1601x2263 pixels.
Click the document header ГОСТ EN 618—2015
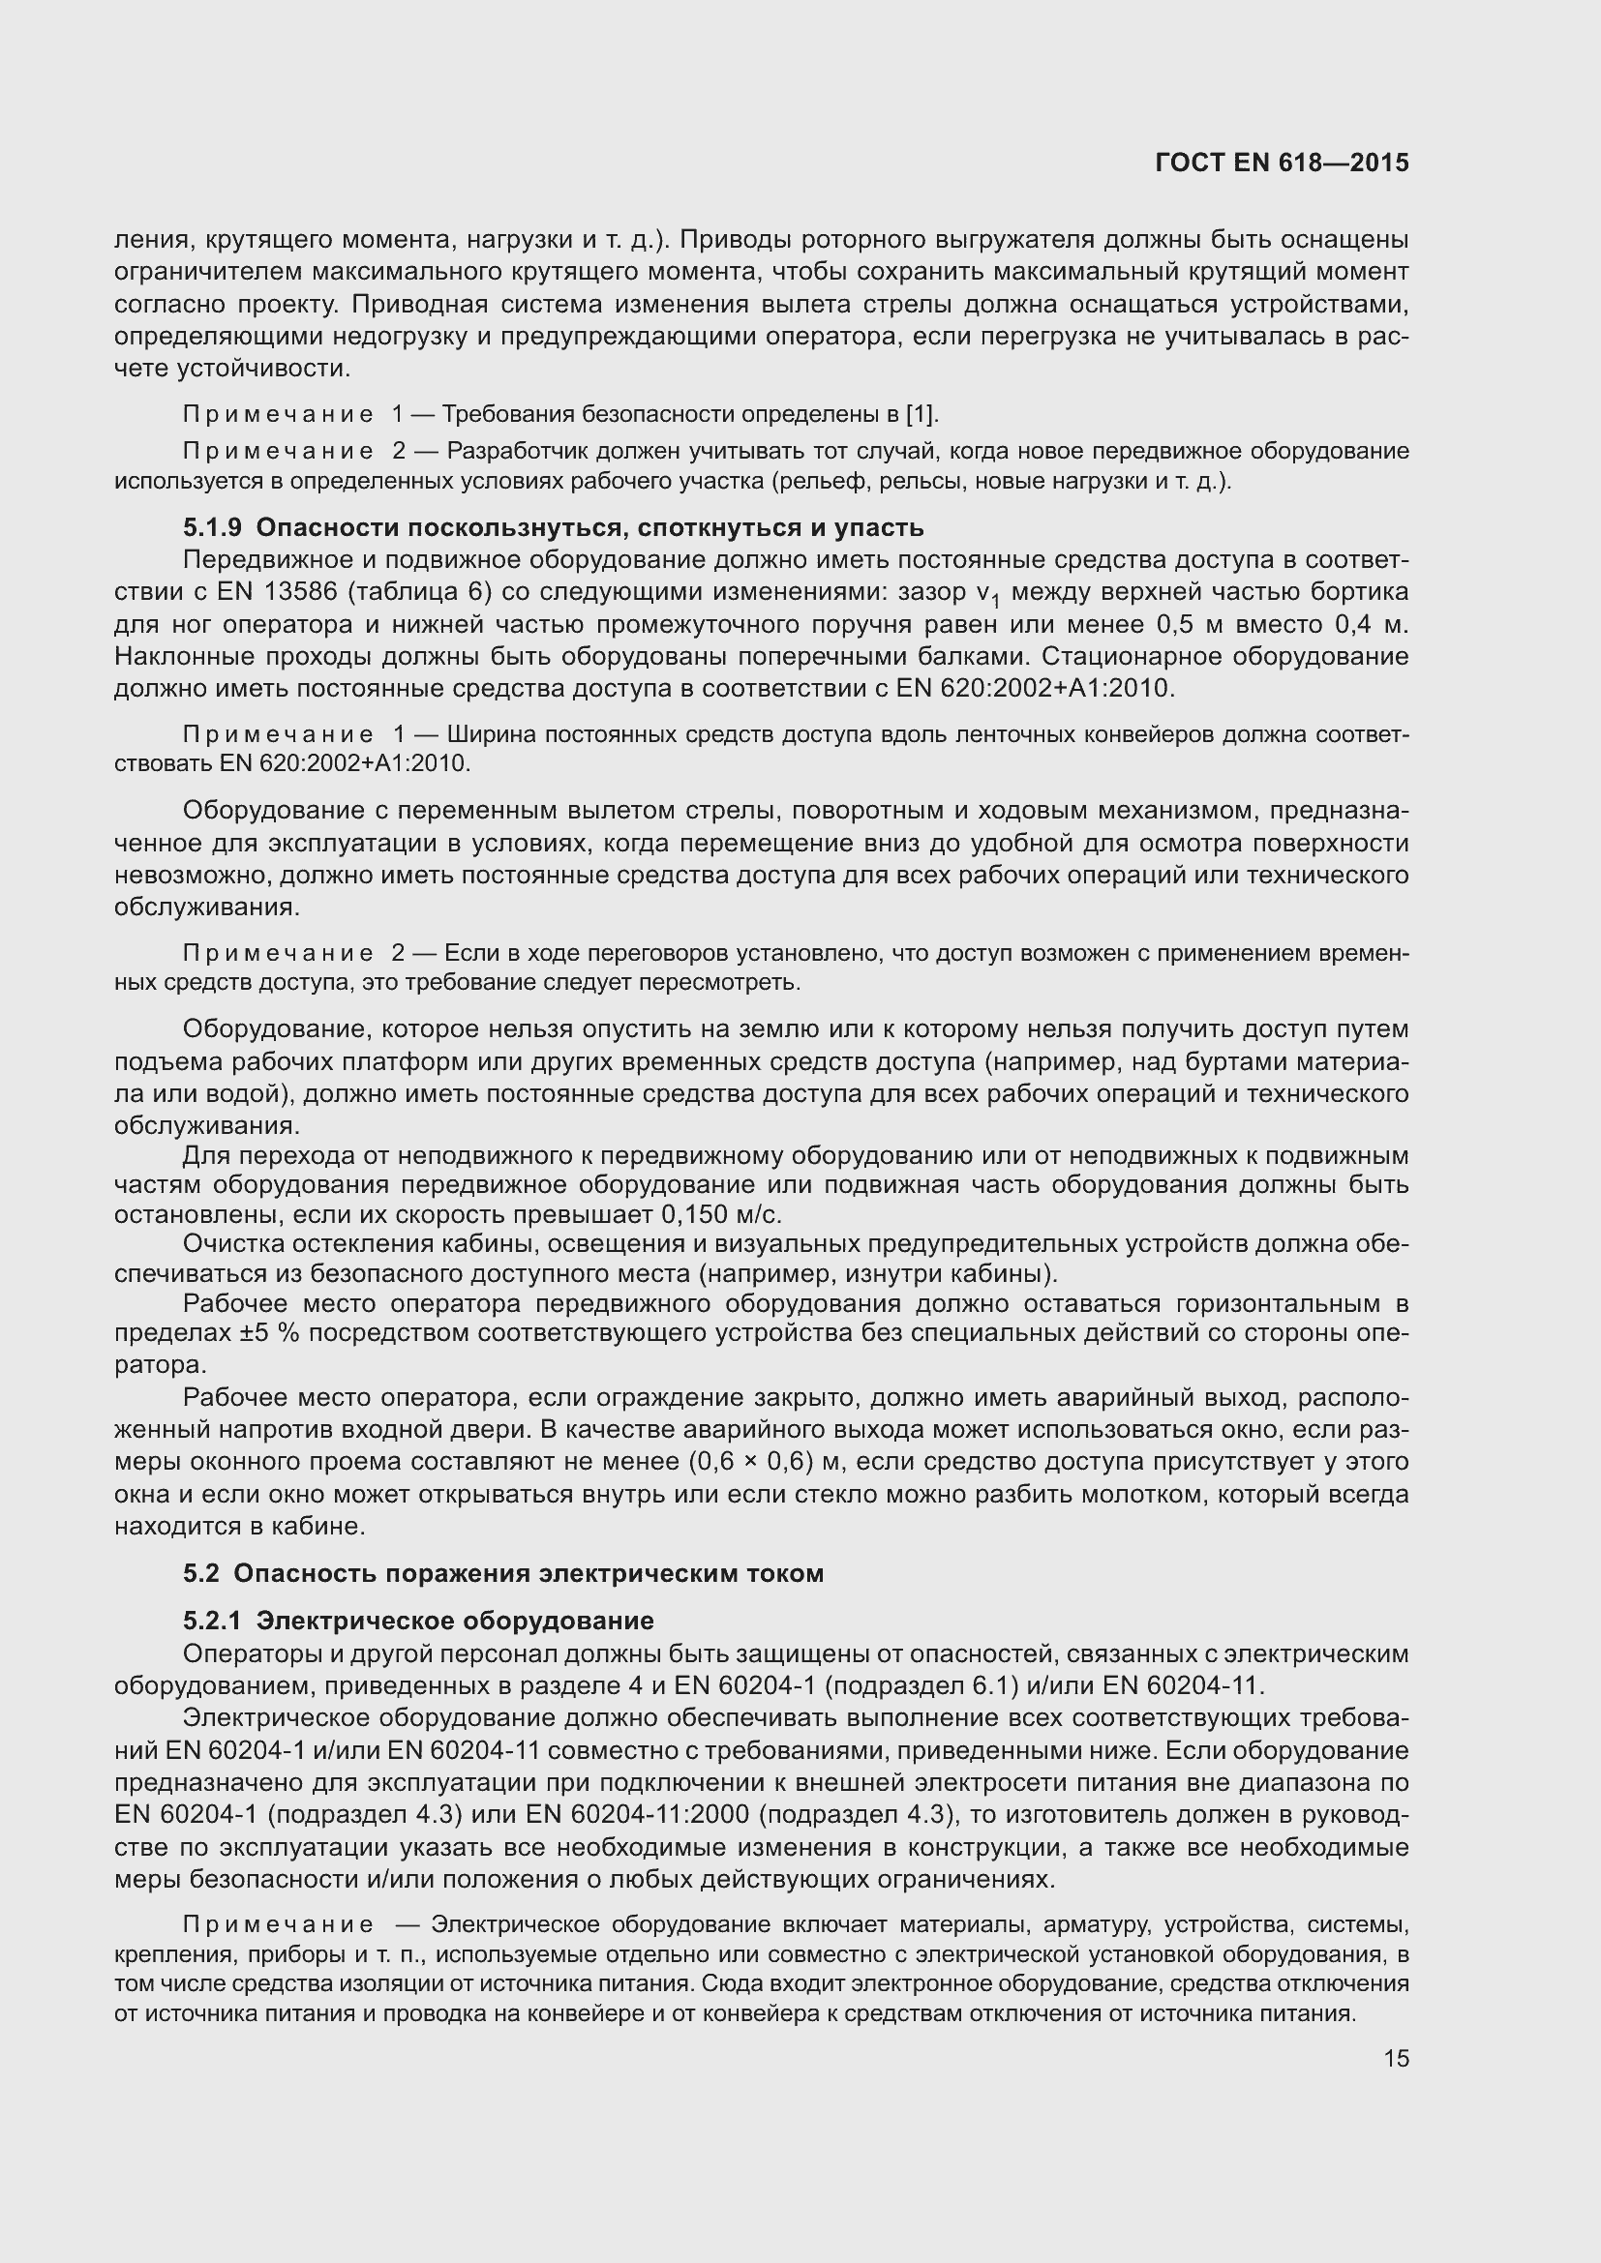1282,163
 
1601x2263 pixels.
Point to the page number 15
1396,2058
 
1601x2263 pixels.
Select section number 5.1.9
212,528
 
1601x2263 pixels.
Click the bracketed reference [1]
921,414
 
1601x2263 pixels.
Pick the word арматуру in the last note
1097,1925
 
